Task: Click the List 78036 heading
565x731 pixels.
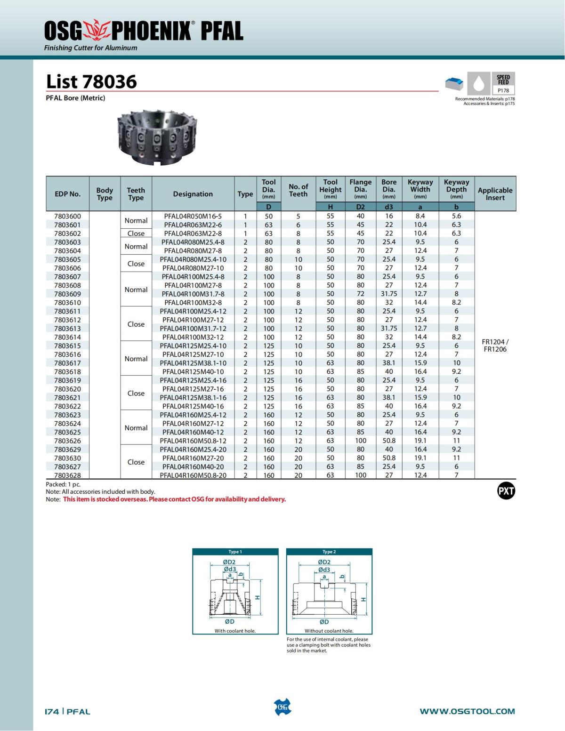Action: coord(91,81)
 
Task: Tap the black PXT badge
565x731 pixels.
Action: coord(506,491)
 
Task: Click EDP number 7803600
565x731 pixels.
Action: coord(67,216)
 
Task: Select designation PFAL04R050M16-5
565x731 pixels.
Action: coord(193,216)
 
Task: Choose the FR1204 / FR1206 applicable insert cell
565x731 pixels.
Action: coord(495,345)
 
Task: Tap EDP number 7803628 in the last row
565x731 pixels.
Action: coord(67,475)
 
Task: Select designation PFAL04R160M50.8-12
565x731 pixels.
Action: coord(193,441)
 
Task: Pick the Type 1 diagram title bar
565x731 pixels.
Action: coord(235,552)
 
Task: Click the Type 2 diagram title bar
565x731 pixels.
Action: coord(329,552)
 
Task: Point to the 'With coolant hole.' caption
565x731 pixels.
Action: coord(235,631)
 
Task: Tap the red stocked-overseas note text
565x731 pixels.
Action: coord(174,499)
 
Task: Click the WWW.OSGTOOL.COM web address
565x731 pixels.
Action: coord(467,711)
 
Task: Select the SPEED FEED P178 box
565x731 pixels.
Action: coord(503,84)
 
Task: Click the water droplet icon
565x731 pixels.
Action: coord(479,84)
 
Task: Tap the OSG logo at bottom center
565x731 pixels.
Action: coord(282,707)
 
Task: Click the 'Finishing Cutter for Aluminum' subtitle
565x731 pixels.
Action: coord(91,48)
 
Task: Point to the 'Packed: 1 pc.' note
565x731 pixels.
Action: coord(63,484)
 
